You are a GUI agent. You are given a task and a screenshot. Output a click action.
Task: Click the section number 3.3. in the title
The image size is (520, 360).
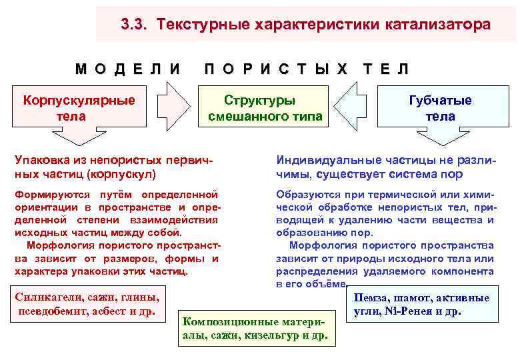coord(135,25)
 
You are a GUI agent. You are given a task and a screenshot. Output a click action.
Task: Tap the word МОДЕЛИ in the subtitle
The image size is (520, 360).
coord(127,68)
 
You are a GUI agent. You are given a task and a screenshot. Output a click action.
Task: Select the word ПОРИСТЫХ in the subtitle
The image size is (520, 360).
coord(276,68)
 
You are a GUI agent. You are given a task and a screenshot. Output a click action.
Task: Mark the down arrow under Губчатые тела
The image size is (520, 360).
coord(440,138)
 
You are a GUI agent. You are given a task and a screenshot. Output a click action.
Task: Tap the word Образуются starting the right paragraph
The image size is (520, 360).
coord(307,195)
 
